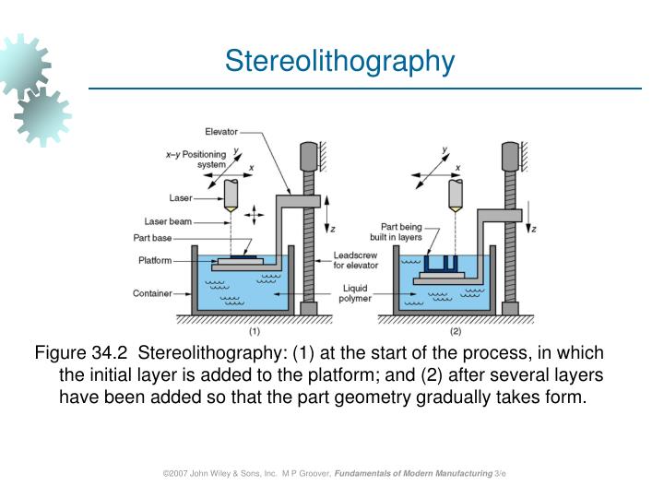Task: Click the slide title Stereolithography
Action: [340, 61]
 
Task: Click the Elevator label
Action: [221, 132]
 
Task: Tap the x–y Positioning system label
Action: [196, 160]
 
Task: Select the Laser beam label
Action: [168, 220]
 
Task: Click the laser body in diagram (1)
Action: [231, 192]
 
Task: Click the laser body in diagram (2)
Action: [454, 192]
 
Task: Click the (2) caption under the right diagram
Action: [455, 330]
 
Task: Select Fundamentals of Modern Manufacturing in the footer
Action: [413, 472]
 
